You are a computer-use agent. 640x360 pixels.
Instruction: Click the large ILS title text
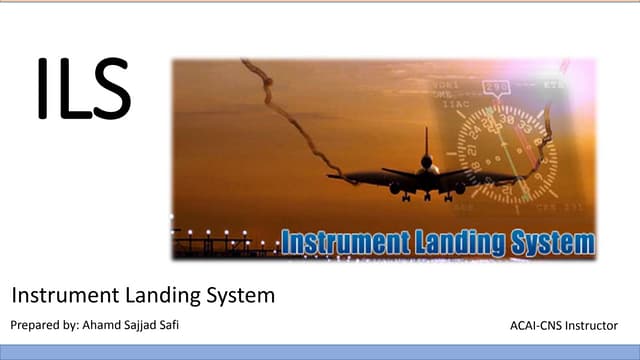pos(83,90)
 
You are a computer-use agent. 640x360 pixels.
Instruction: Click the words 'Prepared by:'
pos(43,325)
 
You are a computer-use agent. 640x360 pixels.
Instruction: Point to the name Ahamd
pos(104,325)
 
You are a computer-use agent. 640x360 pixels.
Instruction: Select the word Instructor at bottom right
pos(599,326)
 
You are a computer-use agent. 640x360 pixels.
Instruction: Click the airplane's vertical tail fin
pos(426,143)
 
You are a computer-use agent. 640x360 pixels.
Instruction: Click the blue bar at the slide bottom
pos(320,351)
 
